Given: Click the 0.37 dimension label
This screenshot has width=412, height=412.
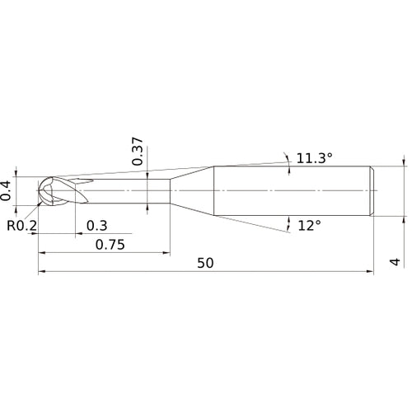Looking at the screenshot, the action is pyautogui.click(x=138, y=152).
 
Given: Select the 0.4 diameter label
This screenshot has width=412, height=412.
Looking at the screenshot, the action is pyautogui.click(x=6, y=190).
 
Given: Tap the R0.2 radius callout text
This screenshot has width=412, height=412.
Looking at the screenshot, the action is pyautogui.click(x=21, y=226).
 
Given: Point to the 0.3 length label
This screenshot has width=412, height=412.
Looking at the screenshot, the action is pyautogui.click(x=96, y=226).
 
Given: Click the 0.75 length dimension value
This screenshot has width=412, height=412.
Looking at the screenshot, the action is pyautogui.click(x=110, y=245).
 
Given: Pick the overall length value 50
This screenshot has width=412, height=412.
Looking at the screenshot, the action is pyautogui.click(x=205, y=263).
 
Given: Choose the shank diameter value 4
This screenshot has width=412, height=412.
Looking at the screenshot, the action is pyautogui.click(x=396, y=262).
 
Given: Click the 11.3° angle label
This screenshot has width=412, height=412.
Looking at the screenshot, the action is pyautogui.click(x=315, y=158).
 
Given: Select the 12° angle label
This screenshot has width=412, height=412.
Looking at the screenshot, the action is pyautogui.click(x=310, y=226).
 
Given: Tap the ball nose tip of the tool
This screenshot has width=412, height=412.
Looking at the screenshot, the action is pyautogui.click(x=38, y=190).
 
